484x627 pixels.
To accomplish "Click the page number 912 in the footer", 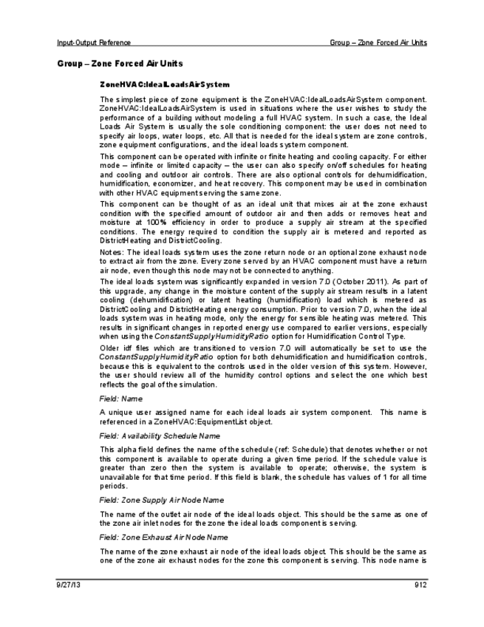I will click(421, 586).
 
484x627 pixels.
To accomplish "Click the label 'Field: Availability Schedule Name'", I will click(152, 436).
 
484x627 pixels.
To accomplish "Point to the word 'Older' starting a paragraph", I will click(110, 351).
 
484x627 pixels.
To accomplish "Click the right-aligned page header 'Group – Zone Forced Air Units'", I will click(378, 42).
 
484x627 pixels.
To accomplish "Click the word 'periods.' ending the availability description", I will click(112, 487).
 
